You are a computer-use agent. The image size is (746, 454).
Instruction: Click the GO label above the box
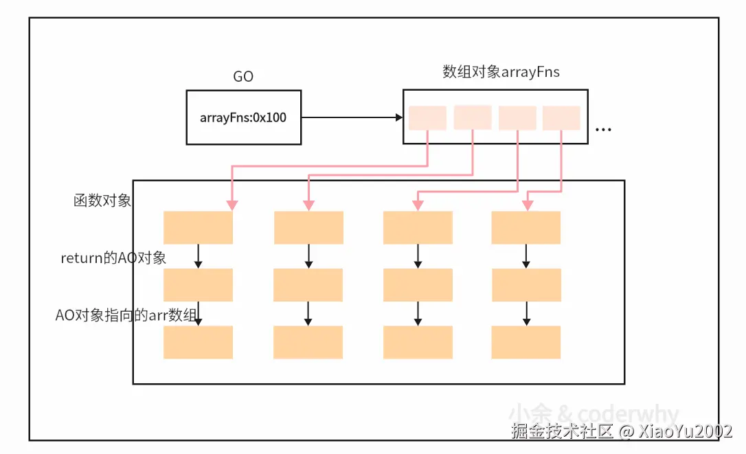(x=243, y=77)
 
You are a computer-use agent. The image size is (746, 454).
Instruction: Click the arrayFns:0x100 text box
(x=243, y=117)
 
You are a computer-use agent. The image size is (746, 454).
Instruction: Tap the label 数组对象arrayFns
(x=501, y=71)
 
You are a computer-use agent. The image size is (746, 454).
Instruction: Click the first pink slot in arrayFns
(x=427, y=117)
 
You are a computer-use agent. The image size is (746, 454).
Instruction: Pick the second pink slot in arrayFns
(x=473, y=117)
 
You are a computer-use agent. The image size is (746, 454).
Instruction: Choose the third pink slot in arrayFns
(x=517, y=117)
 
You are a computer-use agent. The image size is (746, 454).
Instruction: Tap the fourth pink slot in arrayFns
(x=561, y=117)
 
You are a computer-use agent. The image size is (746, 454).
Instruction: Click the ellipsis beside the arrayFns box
(x=603, y=129)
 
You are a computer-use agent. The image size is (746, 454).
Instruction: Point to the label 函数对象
(x=102, y=201)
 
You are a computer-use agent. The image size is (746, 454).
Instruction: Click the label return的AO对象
(x=113, y=258)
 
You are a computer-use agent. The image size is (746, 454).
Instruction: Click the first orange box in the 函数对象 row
(x=199, y=227)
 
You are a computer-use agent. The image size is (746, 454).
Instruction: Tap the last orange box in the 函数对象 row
(x=526, y=227)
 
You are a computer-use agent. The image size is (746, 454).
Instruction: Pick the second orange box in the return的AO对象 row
(x=308, y=285)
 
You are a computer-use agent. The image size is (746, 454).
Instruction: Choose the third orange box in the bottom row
(x=418, y=342)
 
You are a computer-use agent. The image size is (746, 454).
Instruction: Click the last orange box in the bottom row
(x=526, y=342)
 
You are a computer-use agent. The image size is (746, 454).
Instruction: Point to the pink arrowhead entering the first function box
(x=232, y=205)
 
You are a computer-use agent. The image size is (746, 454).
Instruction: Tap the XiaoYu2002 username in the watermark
(x=684, y=431)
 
